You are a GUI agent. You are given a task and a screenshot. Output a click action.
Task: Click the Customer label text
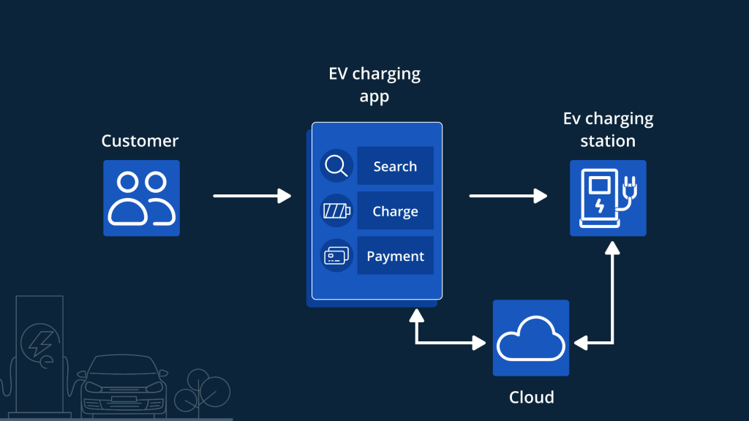[x=140, y=141]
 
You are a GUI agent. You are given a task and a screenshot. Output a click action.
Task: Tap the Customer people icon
[x=141, y=198]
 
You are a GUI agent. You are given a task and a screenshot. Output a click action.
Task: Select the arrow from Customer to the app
[x=252, y=196]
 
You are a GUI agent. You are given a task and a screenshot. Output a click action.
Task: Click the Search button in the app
[x=395, y=166]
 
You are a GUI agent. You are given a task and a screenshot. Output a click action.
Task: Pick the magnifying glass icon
[x=336, y=166]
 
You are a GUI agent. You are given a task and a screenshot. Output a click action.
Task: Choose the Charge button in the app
[x=395, y=211]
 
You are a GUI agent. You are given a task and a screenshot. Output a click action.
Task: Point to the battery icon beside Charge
[x=336, y=211]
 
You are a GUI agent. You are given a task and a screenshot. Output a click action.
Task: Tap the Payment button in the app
[x=395, y=257]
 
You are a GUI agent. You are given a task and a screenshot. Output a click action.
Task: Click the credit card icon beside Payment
[x=336, y=257]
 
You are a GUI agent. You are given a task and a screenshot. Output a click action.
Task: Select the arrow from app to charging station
[x=508, y=196]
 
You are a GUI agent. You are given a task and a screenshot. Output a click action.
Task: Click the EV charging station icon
[x=608, y=198]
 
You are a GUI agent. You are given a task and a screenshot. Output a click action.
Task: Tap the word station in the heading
[x=608, y=140]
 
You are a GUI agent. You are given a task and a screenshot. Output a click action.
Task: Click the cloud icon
[x=531, y=338]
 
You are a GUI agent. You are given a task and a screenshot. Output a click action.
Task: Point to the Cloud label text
[x=531, y=398]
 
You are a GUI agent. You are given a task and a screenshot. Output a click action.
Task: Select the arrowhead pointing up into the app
[x=417, y=315]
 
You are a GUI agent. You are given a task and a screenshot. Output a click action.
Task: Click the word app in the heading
[x=374, y=97]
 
